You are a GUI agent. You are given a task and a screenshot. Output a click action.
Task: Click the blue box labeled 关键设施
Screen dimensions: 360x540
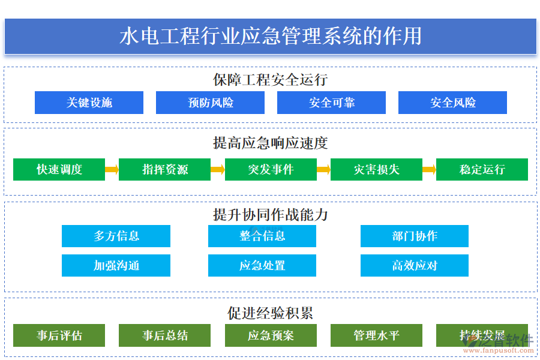pyautogui.click(x=89, y=103)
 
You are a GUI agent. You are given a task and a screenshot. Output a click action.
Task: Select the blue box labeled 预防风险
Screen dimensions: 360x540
pyautogui.click(x=210, y=103)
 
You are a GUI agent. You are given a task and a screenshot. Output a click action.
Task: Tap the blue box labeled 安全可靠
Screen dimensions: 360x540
pyautogui.click(x=331, y=103)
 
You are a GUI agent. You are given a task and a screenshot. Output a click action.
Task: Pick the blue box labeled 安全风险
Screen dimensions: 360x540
pyautogui.click(x=452, y=103)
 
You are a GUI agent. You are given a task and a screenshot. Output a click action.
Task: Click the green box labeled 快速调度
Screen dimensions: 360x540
pyautogui.click(x=59, y=170)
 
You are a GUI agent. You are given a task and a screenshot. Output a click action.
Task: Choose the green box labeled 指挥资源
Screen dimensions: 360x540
pyautogui.click(x=164, y=170)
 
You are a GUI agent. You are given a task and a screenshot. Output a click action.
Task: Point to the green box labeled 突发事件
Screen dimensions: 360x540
pyautogui.click(x=271, y=170)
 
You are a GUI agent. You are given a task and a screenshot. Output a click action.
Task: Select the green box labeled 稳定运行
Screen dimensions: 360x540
pyautogui.click(x=482, y=170)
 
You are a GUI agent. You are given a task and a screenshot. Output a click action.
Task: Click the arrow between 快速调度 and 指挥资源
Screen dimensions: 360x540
pyautogui.click(x=112, y=170)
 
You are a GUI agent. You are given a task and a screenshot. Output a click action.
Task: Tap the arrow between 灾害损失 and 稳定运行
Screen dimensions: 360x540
pyautogui.click(x=429, y=170)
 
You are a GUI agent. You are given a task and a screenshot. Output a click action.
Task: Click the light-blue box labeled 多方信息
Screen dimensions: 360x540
pyautogui.click(x=116, y=236)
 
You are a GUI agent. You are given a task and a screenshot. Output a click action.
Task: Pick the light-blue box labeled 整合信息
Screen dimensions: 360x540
pyautogui.click(x=262, y=236)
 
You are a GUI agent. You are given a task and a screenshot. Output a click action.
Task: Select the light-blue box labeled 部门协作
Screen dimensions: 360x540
pyautogui.click(x=415, y=236)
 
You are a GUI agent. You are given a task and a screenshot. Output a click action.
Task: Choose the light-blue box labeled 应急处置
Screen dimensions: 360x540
pyautogui.click(x=262, y=265)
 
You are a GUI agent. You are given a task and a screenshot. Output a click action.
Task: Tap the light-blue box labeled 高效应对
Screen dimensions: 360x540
pyautogui.click(x=415, y=265)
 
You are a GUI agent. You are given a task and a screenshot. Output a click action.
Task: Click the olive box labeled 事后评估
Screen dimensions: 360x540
pyautogui.click(x=59, y=335)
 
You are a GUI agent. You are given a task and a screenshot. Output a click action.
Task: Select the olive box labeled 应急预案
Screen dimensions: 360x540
pyautogui.click(x=271, y=335)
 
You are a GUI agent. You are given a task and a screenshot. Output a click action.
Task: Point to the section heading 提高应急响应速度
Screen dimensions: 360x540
pyautogui.click(x=270, y=143)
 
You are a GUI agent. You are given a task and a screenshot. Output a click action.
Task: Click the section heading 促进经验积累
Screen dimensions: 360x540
pyautogui.click(x=270, y=313)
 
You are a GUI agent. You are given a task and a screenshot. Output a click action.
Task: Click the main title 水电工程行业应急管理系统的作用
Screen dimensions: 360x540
pyautogui.click(x=270, y=36)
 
